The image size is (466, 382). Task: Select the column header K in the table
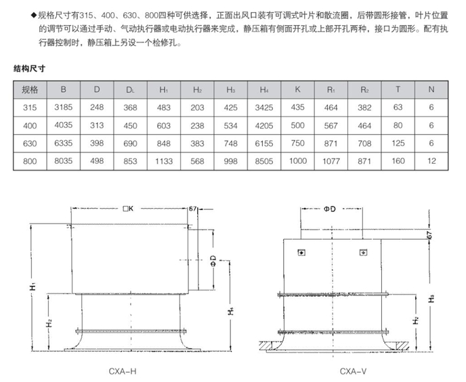pos(297,89)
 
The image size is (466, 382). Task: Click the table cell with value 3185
pos(63,107)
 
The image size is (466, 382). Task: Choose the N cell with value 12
pos(431,161)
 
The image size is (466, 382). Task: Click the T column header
pos(398,89)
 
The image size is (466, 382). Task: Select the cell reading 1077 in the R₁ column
pos(331,161)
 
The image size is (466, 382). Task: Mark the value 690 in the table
pos(131,143)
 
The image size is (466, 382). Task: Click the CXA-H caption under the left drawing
pos(123,370)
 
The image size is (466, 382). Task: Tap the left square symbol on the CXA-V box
pos(301,253)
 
